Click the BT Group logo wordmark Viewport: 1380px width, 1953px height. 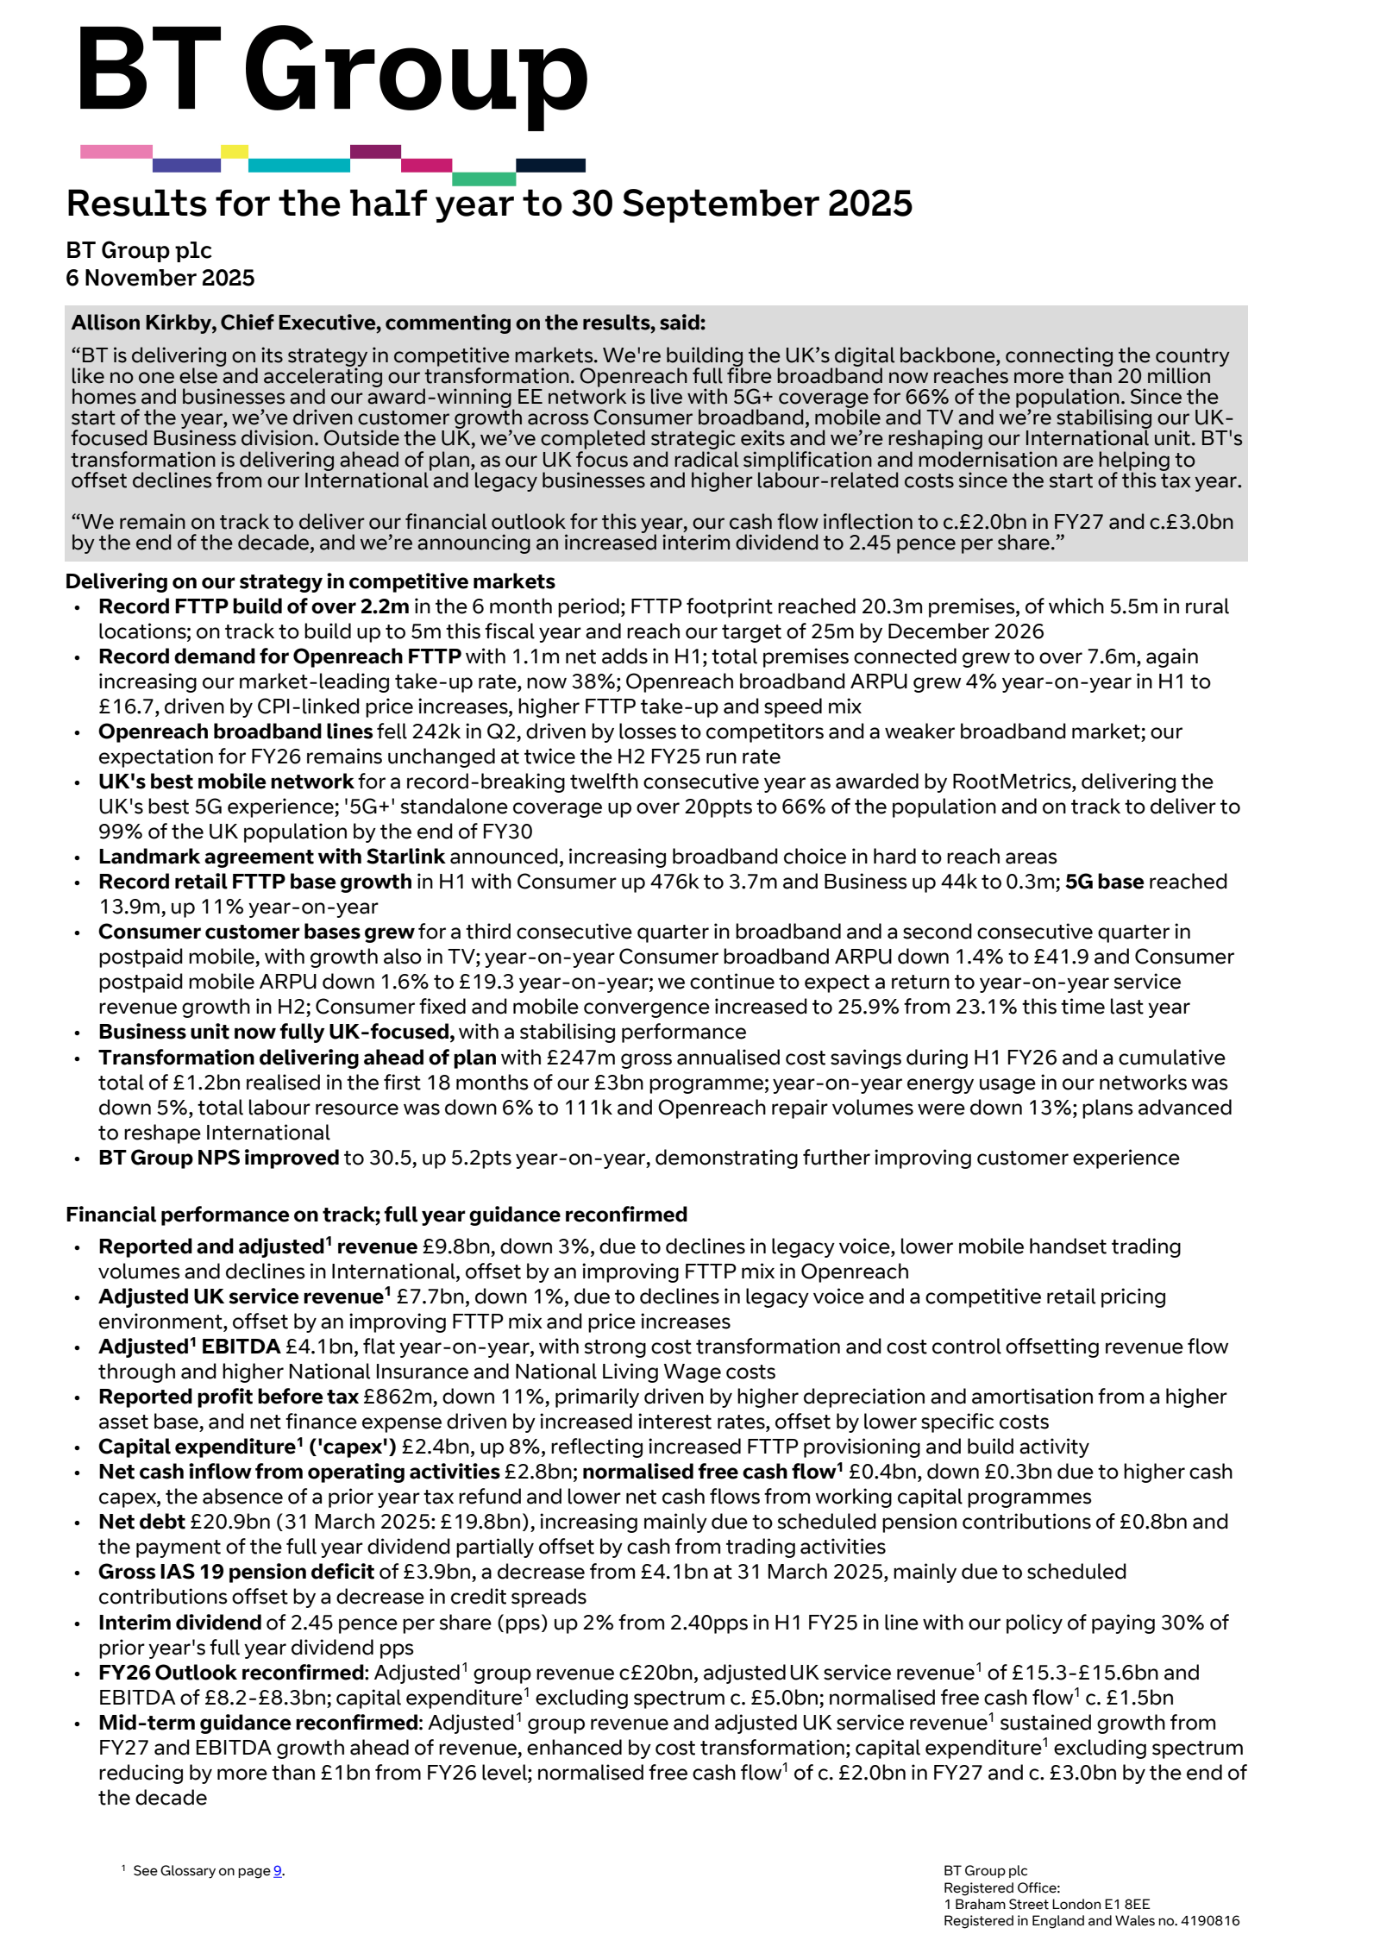[332, 73]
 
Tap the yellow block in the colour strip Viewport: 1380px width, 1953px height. [234, 152]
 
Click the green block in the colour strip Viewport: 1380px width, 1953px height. [483, 179]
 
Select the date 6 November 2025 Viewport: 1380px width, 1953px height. [160, 278]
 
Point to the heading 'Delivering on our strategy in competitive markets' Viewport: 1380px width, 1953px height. [310, 581]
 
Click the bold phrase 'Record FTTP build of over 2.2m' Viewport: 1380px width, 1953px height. [254, 606]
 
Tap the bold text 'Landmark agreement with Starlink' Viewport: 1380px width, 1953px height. [272, 857]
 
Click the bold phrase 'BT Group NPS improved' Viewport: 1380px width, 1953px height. [218, 1158]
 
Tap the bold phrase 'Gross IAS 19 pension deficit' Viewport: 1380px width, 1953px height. [236, 1572]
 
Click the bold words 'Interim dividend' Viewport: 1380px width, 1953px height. [179, 1623]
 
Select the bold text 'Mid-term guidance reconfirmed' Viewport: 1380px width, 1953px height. [258, 1723]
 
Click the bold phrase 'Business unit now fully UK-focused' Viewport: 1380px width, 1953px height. [276, 1032]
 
